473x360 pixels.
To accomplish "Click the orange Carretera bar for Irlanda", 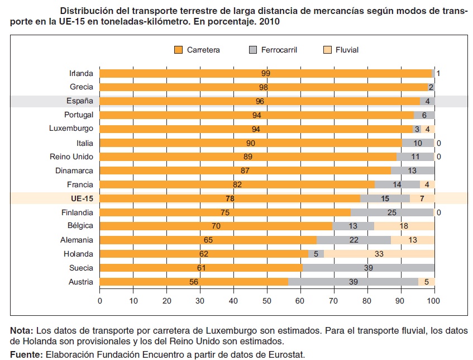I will point(266,73).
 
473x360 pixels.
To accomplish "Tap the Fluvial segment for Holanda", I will point(379,254).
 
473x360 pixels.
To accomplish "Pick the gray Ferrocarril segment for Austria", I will point(353,282).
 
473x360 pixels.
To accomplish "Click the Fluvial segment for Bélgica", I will point(404,226).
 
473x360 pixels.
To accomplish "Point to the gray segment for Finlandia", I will point(392,212).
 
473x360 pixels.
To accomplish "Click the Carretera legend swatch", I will point(179,50).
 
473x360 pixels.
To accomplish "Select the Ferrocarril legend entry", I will point(273,50).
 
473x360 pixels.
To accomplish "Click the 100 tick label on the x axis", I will point(434,301).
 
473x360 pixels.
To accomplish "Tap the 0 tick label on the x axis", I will point(100,301).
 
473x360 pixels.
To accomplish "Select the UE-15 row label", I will point(81,198).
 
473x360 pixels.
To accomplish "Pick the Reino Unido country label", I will point(71,157).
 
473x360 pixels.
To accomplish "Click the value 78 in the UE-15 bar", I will point(230,198).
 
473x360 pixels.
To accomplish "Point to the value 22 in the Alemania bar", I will point(353,240).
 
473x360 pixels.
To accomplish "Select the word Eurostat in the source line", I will point(284,354).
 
